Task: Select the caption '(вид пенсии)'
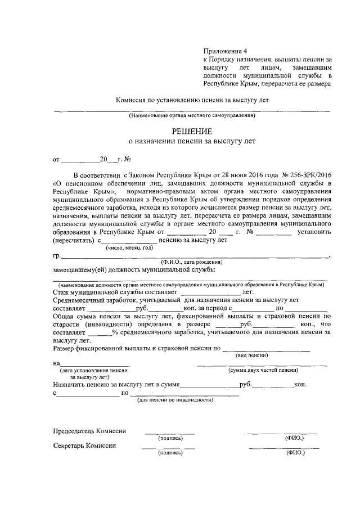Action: [251, 356]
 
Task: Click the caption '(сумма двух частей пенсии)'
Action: [263, 371]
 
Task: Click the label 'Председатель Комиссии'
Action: [89, 431]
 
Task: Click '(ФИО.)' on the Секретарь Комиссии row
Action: [295, 452]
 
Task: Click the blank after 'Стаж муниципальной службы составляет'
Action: [210, 292]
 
